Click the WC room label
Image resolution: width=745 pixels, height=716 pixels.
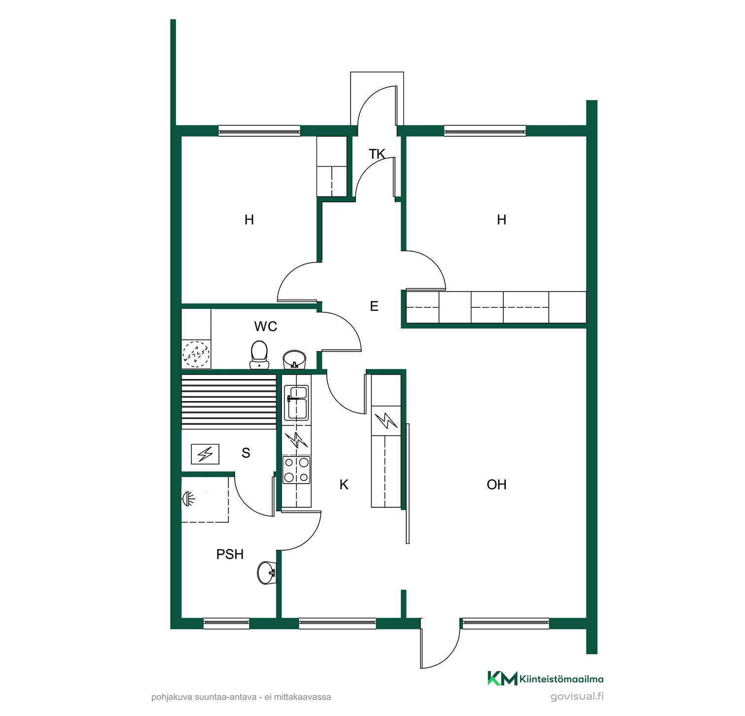265,326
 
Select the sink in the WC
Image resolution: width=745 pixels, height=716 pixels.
294,359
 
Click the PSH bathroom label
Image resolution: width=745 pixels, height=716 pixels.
230,554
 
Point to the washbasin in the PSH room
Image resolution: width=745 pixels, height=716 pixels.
266,572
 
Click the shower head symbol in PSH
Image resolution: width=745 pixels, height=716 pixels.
188,499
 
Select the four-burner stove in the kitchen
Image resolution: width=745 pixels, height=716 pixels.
296,470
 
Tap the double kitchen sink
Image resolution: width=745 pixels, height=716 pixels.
296,403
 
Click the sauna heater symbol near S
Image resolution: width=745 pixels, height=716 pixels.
205,454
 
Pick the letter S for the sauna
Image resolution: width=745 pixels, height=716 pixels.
246,453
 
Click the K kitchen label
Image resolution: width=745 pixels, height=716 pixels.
344,485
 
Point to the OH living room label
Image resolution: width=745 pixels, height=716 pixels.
497,485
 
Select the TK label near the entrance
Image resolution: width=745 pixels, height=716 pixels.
377,154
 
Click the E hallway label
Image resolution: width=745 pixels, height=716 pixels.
374,306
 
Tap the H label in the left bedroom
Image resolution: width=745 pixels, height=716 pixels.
249,220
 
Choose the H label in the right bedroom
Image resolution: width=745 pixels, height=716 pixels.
501,220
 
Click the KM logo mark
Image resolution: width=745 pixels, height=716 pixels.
502,678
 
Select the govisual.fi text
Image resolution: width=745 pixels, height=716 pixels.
577,697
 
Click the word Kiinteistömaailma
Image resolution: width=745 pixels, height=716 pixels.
562,679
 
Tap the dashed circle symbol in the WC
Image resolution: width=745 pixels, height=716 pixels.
196,354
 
